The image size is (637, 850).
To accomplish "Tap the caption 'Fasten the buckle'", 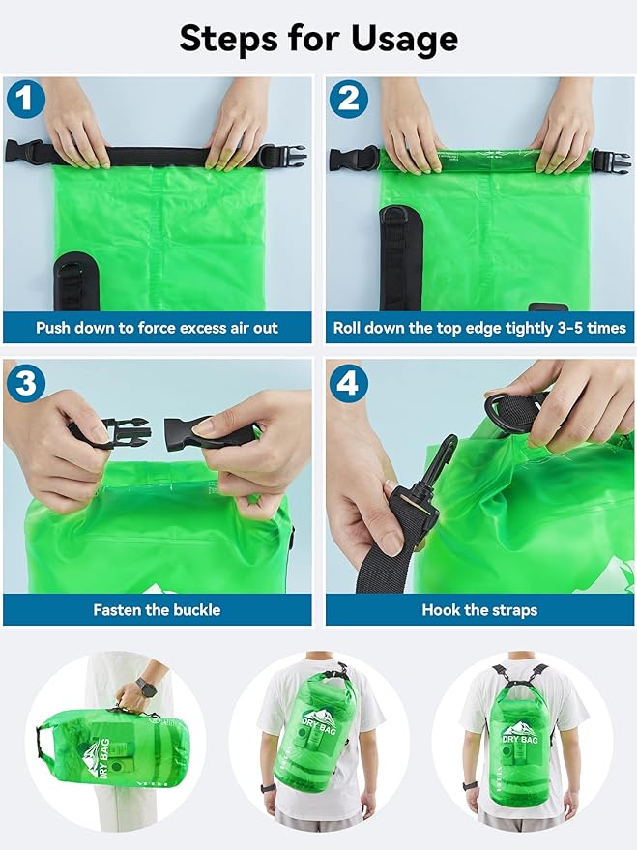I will tap(157, 610).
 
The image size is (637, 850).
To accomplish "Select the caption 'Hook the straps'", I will tap(479, 610).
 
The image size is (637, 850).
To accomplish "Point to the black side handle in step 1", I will tap(75, 280).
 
